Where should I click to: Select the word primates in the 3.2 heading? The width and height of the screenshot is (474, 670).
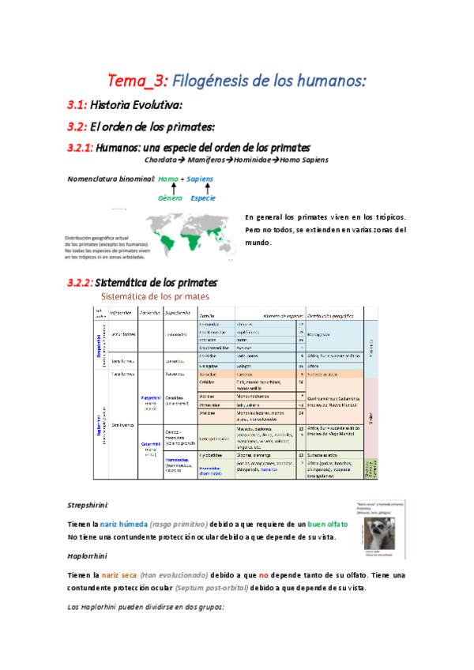(188, 126)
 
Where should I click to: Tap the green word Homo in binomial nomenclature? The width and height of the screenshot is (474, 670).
(167, 179)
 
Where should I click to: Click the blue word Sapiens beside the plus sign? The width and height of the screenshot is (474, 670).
(201, 179)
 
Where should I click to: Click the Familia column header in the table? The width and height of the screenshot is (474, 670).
(207, 313)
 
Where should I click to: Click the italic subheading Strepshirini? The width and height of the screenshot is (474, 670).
(88, 504)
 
